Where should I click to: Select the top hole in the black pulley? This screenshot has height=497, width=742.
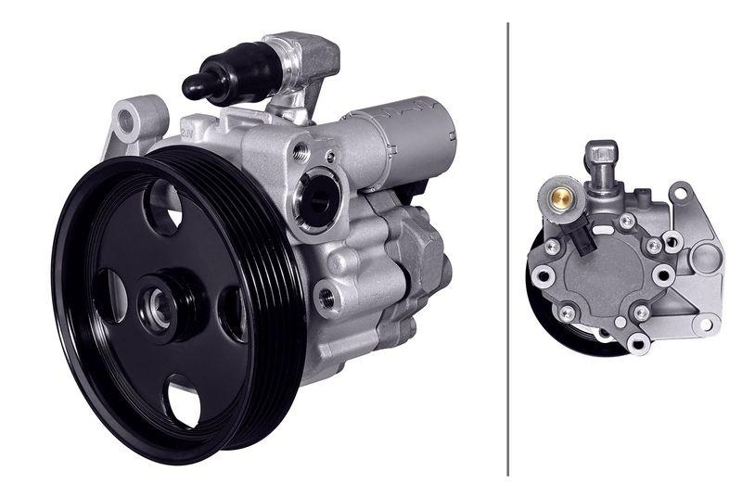(163, 206)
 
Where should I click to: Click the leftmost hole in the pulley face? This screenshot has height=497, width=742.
(109, 296)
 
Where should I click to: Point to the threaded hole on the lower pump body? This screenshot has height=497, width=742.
(326, 298)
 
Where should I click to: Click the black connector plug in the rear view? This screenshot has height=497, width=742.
(584, 239)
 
